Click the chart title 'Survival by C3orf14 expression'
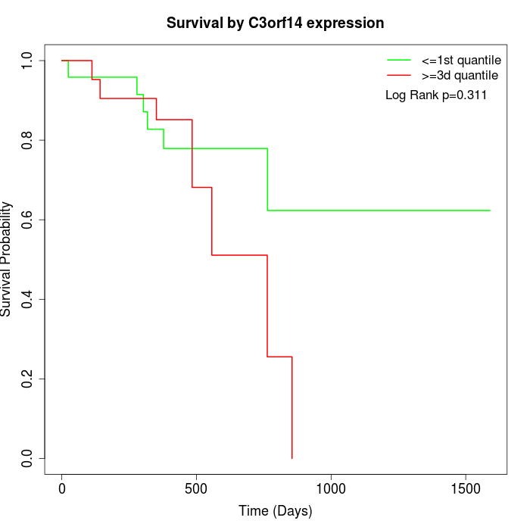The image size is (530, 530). coord(275,23)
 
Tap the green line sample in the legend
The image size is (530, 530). coord(399,60)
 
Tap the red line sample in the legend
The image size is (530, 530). coord(399,76)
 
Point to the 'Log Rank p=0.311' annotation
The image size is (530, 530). coord(436,95)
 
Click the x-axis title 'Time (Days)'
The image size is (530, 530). coord(275,511)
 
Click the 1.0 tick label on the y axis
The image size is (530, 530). coord(28,61)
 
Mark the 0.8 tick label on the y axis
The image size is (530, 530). coord(28,140)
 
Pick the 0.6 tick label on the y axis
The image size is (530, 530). coord(28,220)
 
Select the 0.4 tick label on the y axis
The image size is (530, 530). coord(28,299)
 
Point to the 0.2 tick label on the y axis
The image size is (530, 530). coord(28,379)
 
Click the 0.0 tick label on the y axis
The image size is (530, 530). coord(28,458)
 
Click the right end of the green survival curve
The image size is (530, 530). coord(490,210)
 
